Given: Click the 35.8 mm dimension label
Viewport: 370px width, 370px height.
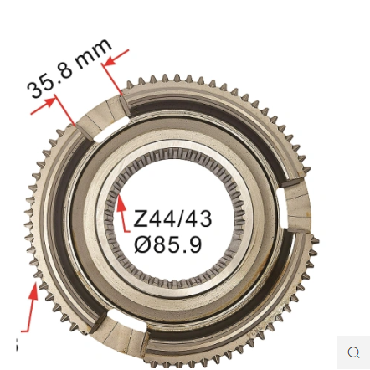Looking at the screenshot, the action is (69, 68).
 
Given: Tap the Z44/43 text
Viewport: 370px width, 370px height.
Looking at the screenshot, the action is (172, 218).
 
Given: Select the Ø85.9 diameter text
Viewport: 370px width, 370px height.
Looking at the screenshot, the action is (167, 244).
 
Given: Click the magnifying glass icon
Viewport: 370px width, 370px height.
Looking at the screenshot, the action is (353, 352).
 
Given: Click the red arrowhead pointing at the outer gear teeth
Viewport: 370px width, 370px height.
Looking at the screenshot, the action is (33, 291).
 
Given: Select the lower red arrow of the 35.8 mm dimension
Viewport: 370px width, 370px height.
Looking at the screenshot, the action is (42, 105).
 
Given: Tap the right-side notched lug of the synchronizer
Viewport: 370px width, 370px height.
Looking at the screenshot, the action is (296, 207).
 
